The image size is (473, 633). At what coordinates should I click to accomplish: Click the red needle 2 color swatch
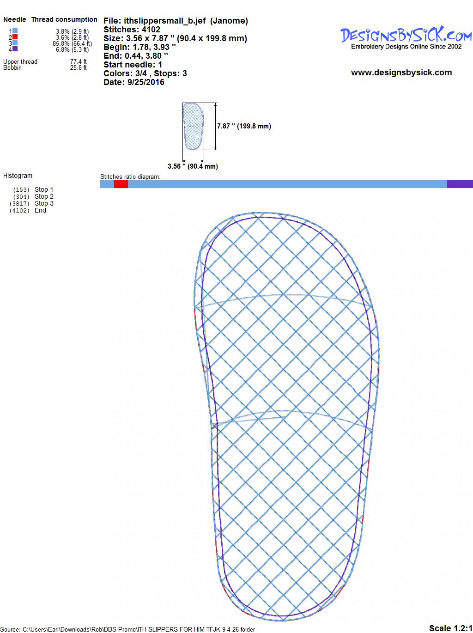pyautogui.click(x=15, y=37)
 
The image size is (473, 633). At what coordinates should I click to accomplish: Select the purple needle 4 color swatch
pyautogui.click(x=15, y=49)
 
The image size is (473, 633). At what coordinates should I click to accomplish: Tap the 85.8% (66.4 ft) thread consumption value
pyautogui.click(x=73, y=43)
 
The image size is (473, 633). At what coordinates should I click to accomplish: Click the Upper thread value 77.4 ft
pyautogui.click(x=79, y=61)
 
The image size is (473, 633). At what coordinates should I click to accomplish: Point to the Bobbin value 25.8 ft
pyautogui.click(x=79, y=67)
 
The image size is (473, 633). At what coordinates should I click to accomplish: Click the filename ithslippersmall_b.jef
pyautogui.click(x=165, y=21)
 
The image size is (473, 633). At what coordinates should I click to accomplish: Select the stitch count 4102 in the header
pyautogui.click(x=151, y=30)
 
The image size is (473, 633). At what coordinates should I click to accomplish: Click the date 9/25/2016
pyautogui.click(x=146, y=82)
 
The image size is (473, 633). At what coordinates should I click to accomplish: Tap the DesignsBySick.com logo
pyautogui.click(x=406, y=37)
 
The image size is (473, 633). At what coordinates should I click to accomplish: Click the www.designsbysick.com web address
pyautogui.click(x=401, y=73)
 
